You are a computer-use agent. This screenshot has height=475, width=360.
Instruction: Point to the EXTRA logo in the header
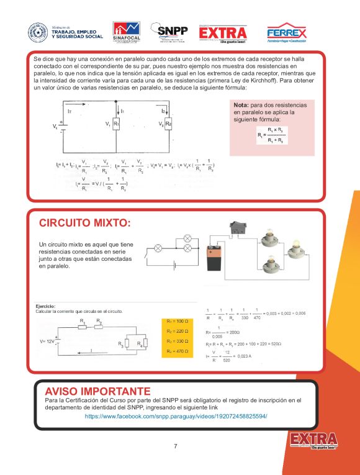coord(223,33)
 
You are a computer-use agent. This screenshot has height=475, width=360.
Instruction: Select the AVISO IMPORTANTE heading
coord(97,391)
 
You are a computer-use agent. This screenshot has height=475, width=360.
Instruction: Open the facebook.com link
coord(176,415)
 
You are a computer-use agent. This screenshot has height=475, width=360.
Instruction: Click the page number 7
coord(176,446)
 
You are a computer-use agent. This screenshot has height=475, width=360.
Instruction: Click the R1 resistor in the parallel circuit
coord(117,125)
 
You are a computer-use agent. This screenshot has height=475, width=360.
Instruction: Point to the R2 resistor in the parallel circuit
coord(168,125)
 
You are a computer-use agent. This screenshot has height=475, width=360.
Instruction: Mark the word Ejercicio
coord(46,305)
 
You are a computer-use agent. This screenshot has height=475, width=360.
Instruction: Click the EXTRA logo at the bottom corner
coord(314,440)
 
